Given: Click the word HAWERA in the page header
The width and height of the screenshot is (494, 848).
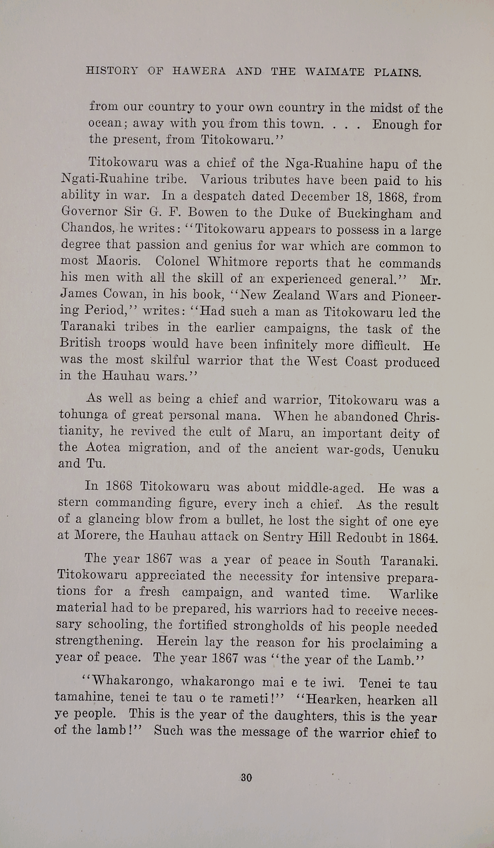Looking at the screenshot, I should coord(199,71).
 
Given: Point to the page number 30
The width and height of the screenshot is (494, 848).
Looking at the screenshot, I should coord(246,778).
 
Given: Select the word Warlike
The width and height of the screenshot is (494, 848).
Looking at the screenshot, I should coord(413,594).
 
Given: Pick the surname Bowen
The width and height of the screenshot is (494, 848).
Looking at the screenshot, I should coord(209,212).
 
